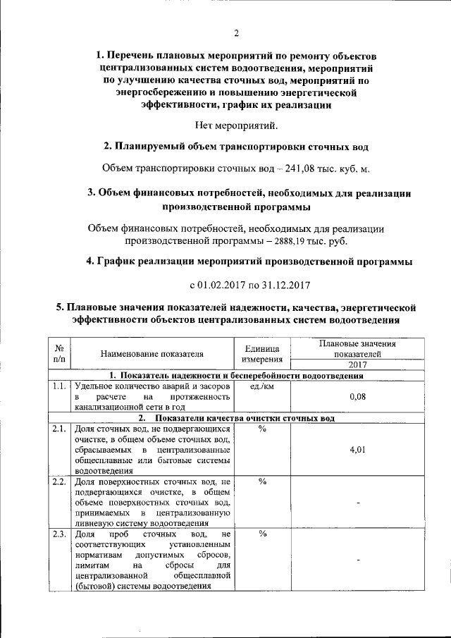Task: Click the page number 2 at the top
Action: pyautogui.click(x=237, y=32)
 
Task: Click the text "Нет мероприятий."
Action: pyautogui.click(x=236, y=126)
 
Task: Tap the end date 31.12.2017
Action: pyautogui.click(x=281, y=285)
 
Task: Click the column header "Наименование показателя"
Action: pyautogui.click(x=152, y=354)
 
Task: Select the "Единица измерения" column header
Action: pyautogui.click(x=262, y=354)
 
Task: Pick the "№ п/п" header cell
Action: pyautogui.click(x=59, y=354)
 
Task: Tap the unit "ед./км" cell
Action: pyautogui.click(x=262, y=387)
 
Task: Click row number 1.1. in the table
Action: pyautogui.click(x=59, y=387)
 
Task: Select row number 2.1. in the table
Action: pyautogui.click(x=59, y=429)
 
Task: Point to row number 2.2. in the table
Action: pyautogui.click(x=59, y=482)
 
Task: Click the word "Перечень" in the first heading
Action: pyautogui.click(x=142, y=55)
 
